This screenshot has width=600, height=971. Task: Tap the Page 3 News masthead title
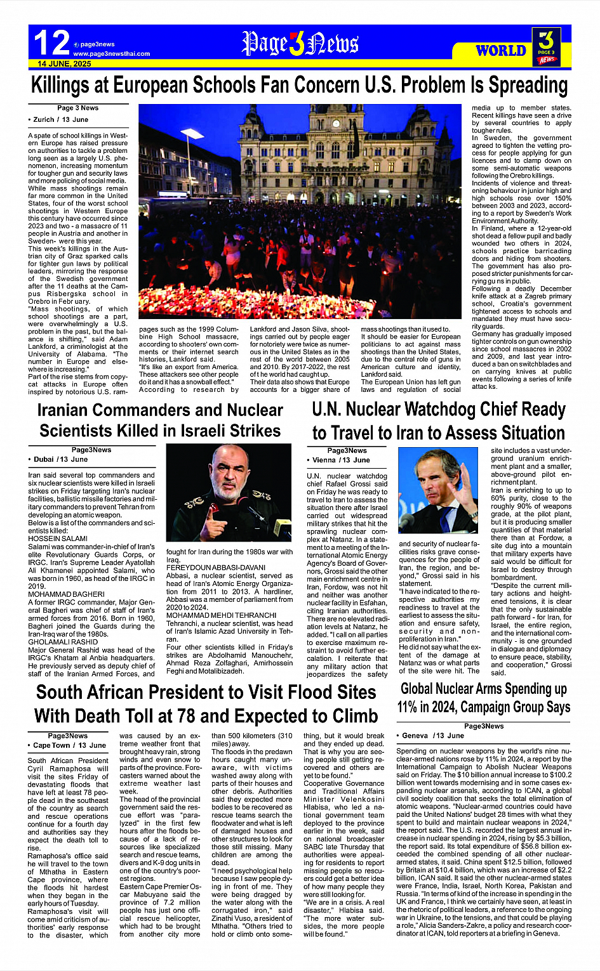(300, 44)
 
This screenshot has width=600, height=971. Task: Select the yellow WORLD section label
(501, 51)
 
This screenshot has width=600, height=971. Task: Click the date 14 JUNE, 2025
(64, 64)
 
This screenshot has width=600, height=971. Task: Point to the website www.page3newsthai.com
(112, 54)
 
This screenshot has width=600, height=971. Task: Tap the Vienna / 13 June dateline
(340, 460)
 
